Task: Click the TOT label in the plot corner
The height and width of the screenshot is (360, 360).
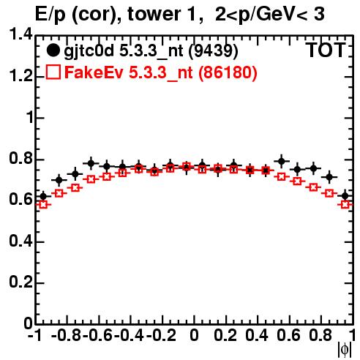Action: [x=326, y=50]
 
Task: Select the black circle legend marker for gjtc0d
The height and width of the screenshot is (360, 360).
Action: [x=53, y=50]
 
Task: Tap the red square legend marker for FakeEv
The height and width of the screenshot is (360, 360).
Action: [x=53, y=72]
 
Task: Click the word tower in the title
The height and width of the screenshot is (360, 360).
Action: [x=161, y=14]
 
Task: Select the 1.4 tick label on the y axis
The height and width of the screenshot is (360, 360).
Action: [x=21, y=34]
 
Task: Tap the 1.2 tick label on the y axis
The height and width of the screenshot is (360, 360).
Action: [x=21, y=76]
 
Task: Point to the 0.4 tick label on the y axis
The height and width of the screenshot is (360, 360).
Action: [x=21, y=241]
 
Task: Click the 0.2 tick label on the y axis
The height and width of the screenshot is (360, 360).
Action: [x=21, y=282]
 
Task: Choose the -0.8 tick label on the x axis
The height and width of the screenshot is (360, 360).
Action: [x=67, y=335]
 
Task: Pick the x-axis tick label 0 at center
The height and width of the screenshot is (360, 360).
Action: [x=194, y=335]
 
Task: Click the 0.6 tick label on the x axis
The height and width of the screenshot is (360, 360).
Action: [x=288, y=335]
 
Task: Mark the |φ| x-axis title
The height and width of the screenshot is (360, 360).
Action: [x=345, y=350]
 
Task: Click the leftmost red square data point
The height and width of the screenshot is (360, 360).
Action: [x=43, y=204]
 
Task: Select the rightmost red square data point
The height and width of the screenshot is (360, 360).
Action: [x=345, y=204]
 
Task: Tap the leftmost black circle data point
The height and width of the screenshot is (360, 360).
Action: [x=43, y=196]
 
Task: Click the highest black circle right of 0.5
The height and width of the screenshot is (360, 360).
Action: [x=282, y=161]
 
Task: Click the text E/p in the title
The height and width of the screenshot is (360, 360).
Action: [x=50, y=15]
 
